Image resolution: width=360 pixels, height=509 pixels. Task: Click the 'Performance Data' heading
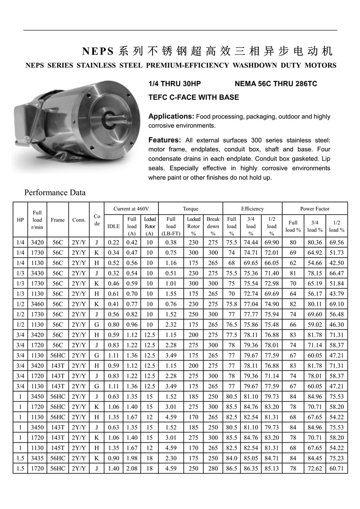click(54, 193)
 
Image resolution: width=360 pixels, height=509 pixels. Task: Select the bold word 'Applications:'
click(171, 116)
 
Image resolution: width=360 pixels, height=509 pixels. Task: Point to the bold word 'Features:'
click(165, 140)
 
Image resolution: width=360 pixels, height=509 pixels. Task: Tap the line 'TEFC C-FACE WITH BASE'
click(193, 97)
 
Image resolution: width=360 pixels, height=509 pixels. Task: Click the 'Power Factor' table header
click(315, 209)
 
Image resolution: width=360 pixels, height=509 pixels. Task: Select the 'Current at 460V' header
click(131, 209)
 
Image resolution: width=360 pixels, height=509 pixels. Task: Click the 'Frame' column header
click(58, 220)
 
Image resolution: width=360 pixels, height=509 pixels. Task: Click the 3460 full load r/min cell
click(37, 304)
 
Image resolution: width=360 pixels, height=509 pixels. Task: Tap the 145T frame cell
click(58, 448)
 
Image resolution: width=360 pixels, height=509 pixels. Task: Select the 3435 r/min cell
click(37, 458)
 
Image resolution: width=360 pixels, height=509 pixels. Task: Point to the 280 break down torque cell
click(213, 469)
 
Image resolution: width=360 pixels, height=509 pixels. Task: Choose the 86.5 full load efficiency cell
click(231, 469)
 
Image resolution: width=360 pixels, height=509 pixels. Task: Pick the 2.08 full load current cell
click(132, 469)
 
